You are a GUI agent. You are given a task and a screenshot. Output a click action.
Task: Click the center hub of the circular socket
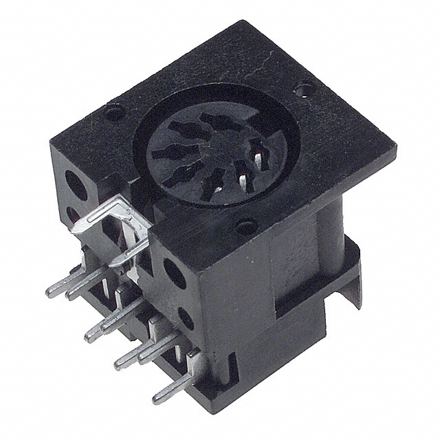[210, 153]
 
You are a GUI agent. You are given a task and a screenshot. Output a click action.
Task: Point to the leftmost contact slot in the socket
[164, 153]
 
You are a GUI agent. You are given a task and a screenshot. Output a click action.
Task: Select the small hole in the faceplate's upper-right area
[304, 87]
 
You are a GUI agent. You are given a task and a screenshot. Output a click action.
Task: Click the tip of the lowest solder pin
[155, 397]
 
